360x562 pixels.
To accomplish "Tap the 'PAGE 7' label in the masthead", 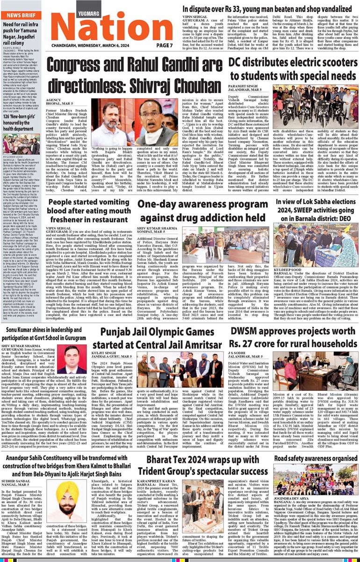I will click(x=165, y=45).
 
